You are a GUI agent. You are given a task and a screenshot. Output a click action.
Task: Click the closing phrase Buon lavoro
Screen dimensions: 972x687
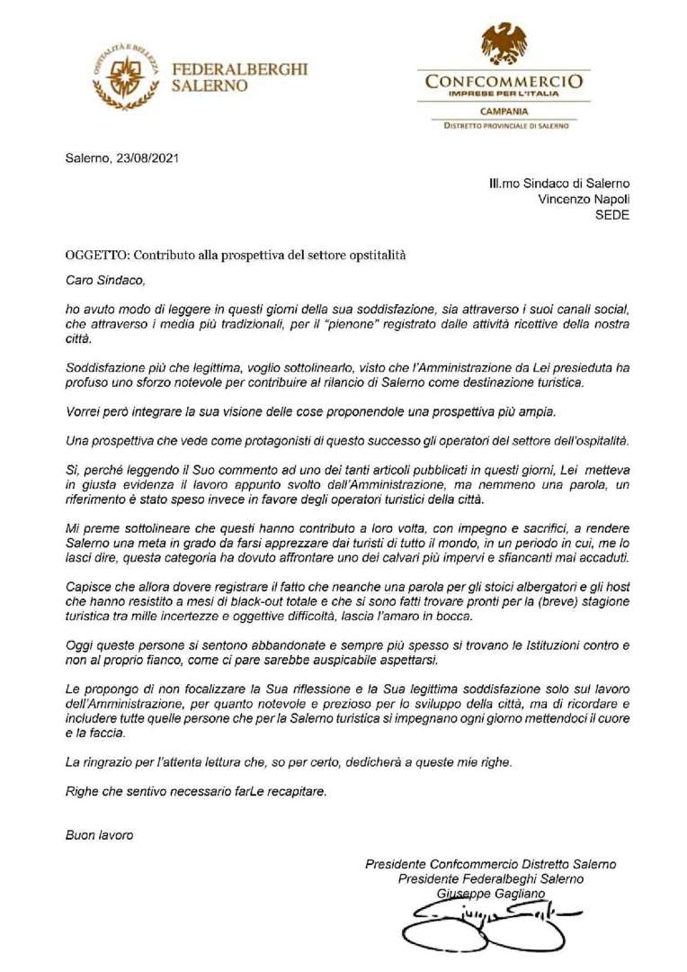pos(99,834)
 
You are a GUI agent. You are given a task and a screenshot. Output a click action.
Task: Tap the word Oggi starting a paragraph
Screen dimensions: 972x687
pos(79,645)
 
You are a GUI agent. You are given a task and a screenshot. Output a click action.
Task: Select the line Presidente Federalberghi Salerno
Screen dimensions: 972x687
pos(491,877)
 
